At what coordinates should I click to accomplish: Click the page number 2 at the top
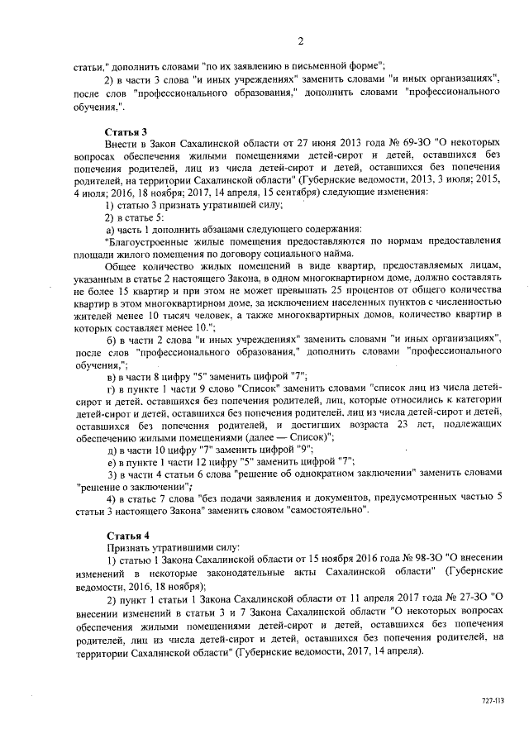(x=301, y=42)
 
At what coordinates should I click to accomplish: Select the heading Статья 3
(x=126, y=132)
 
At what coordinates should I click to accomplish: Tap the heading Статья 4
(x=126, y=536)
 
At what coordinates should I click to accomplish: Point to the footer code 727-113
(x=492, y=699)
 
